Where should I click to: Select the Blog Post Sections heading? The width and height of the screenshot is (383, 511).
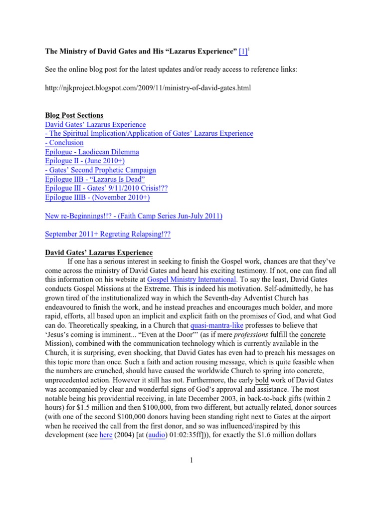[x=74, y=115]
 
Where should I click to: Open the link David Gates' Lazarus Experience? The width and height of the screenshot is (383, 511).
[x=95, y=124]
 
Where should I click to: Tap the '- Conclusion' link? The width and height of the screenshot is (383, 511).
[x=64, y=143]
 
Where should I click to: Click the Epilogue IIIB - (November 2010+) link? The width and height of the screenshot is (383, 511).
[x=97, y=197]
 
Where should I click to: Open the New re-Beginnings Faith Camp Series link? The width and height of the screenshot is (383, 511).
[x=134, y=216]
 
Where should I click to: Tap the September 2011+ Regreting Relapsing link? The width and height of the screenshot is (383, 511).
[x=108, y=234]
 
